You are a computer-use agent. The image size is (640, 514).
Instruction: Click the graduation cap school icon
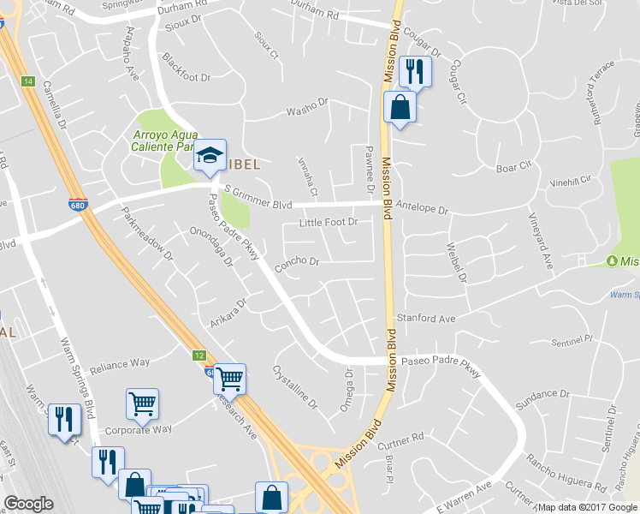pos(209,156)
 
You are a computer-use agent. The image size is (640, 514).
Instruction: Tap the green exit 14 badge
pos(28,81)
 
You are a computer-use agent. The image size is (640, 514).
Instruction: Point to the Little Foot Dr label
pos(327,223)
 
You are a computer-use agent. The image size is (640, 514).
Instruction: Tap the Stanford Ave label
pos(424,317)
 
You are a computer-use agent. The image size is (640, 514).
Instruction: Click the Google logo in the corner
pos(28,504)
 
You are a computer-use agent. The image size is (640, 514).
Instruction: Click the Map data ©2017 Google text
pos(589,507)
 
